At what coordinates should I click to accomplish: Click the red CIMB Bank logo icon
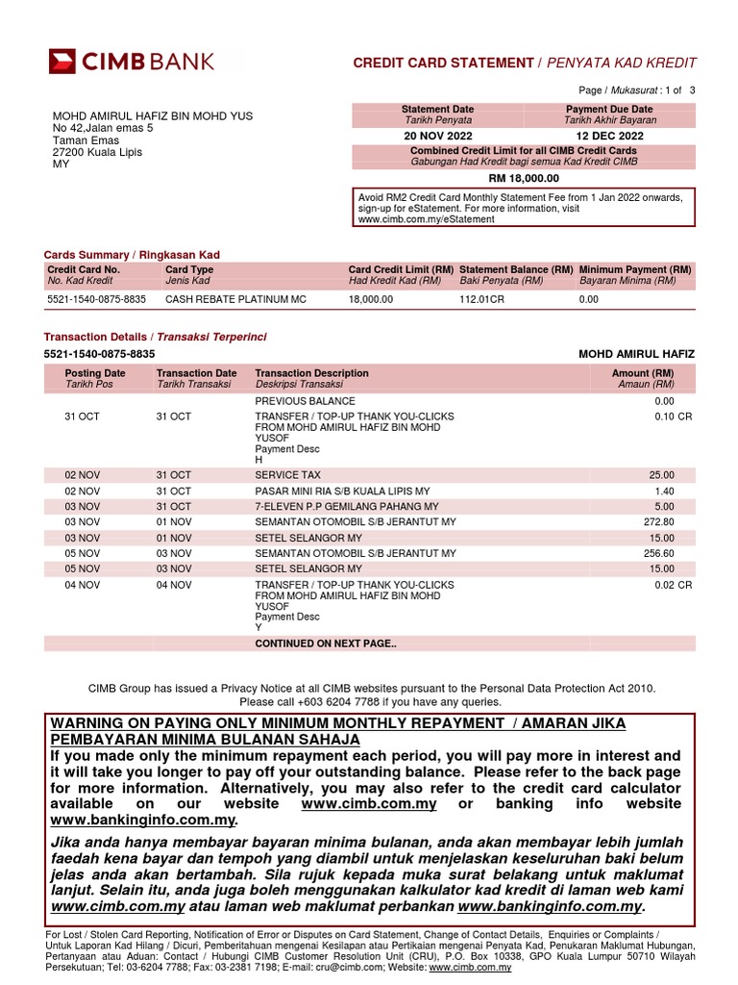62,62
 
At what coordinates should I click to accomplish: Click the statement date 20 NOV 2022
437,136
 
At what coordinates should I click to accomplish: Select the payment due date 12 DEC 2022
609,136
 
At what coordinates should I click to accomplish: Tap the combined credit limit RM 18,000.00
523,178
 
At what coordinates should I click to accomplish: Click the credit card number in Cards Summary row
96,300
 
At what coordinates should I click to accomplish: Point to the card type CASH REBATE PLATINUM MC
235,300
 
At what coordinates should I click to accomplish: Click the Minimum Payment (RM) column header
635,270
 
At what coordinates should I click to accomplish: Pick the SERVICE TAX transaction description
287,475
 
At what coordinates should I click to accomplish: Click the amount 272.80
658,521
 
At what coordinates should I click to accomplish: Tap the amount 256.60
658,553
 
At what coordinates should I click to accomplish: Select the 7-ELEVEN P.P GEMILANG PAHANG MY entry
346,506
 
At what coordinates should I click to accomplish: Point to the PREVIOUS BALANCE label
305,401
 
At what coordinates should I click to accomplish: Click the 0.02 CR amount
673,585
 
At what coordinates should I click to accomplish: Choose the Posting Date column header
94,373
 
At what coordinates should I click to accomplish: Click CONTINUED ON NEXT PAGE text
325,644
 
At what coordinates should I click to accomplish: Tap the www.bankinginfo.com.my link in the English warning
142,820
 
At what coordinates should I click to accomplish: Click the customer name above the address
152,116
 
